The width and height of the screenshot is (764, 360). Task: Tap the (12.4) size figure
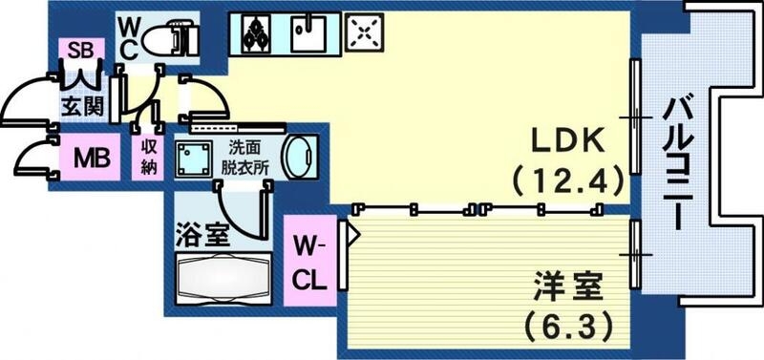(567, 179)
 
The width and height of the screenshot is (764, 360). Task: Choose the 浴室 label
(202, 235)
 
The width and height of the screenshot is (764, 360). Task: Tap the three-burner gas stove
(256, 33)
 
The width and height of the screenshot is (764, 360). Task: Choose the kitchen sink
(309, 33)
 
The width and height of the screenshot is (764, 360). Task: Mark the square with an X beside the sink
(364, 33)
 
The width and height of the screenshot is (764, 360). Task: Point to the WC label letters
(129, 35)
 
